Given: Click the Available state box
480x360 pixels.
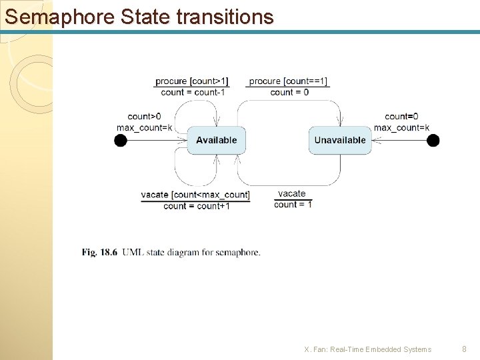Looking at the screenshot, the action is [216, 140].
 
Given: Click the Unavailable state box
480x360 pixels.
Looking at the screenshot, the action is [340, 140].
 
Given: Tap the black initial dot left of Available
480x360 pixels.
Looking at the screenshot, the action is [121, 140].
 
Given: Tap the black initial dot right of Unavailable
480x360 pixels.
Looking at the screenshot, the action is [433, 140].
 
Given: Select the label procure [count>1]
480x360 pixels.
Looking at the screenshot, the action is [192, 81].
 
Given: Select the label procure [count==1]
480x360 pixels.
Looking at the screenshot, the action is [289, 81].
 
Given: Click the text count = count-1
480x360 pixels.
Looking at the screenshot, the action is [193, 92].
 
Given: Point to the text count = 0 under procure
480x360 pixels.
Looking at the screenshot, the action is [289, 92].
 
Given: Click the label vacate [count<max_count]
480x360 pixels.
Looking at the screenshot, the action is [195, 195].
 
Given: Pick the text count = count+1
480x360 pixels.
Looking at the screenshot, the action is [196, 206].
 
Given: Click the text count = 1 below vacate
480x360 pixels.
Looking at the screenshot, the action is [293, 205].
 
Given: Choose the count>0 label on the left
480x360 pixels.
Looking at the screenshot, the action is [144, 117].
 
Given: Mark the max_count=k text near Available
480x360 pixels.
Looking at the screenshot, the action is [144, 127].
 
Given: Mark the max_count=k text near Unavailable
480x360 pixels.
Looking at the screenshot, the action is [401, 127].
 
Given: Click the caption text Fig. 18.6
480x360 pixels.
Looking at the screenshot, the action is [99, 252].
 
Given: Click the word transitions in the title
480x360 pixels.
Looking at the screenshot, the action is [225, 16].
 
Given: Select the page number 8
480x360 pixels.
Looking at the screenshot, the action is [465, 349].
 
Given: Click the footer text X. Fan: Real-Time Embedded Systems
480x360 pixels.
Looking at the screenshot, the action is [367, 349].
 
